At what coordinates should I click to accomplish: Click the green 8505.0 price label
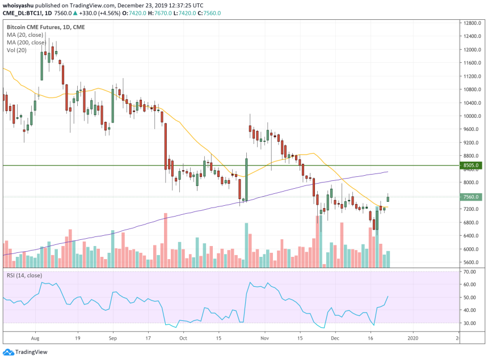click(472, 166)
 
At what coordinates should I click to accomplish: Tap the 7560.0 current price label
click(472, 197)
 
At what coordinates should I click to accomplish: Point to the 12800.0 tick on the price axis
click(472, 23)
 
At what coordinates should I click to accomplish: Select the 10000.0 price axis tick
click(472, 116)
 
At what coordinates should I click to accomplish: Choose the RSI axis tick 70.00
click(470, 272)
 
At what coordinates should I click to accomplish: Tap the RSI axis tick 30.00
click(470, 323)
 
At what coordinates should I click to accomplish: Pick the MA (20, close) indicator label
click(26, 35)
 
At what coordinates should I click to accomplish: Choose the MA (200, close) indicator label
click(28, 42)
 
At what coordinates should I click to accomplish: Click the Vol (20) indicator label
click(17, 50)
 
